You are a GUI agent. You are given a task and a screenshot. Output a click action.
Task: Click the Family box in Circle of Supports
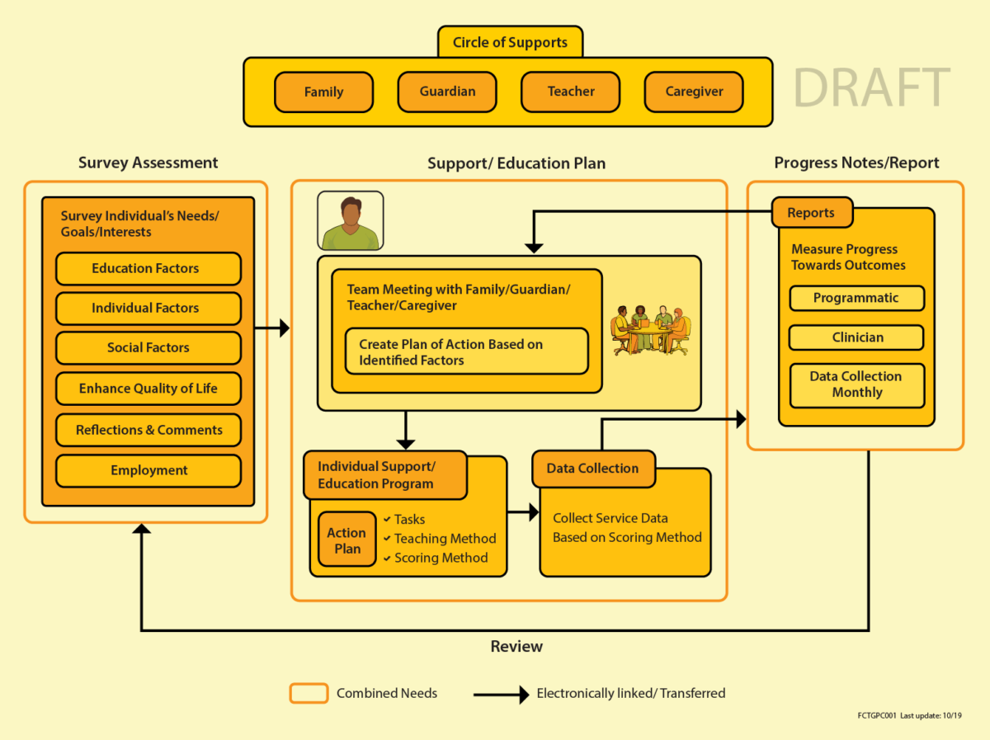point(323,92)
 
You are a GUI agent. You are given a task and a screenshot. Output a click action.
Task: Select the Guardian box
point(447,92)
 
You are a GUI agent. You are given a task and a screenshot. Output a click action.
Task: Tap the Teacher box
point(571,92)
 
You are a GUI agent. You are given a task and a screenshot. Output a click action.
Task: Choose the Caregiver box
point(694,92)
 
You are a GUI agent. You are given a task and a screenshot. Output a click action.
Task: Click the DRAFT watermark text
point(872,88)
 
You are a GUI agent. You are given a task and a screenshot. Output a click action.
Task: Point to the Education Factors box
point(148,269)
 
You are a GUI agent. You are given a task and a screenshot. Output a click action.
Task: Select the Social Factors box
point(148,348)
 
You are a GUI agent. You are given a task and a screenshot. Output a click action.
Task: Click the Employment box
point(148,470)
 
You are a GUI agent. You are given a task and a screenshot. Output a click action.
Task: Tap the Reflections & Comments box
point(148,430)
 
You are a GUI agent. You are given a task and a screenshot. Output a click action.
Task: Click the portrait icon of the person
point(351,221)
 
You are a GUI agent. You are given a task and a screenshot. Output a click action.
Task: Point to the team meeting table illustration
point(650,330)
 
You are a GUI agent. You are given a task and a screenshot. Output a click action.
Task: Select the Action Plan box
point(346,541)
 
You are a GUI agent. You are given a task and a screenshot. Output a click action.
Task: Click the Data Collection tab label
point(593,469)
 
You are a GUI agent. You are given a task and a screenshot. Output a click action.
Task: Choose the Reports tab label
point(811,213)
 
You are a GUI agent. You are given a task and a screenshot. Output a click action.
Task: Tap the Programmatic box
point(856,299)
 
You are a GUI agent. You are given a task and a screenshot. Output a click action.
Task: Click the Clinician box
point(856,337)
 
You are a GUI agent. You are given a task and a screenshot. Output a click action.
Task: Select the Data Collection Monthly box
point(856,384)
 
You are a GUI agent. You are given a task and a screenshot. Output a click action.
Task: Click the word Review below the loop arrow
point(516,646)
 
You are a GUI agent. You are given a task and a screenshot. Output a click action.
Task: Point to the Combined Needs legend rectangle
point(309,693)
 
